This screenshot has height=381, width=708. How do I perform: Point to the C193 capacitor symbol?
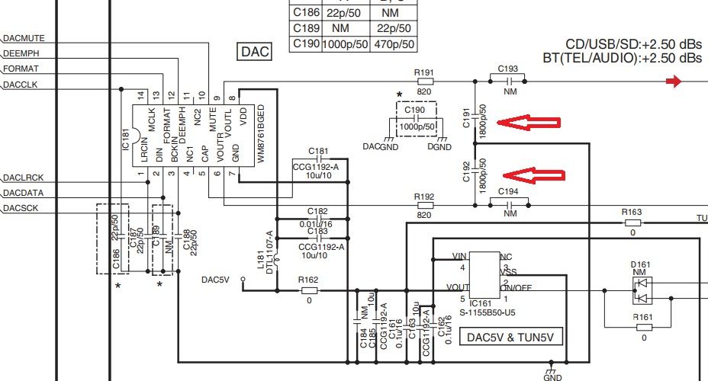tap(507, 80)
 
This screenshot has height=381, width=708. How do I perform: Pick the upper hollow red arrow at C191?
tap(528, 121)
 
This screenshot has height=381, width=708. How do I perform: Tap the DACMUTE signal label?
tap(27, 37)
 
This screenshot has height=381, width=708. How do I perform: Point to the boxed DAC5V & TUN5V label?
tap(510, 335)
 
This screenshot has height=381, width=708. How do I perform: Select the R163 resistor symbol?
tap(632, 223)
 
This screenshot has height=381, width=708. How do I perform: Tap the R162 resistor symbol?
tap(309, 290)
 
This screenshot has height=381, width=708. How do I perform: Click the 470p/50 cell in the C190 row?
tap(394, 45)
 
